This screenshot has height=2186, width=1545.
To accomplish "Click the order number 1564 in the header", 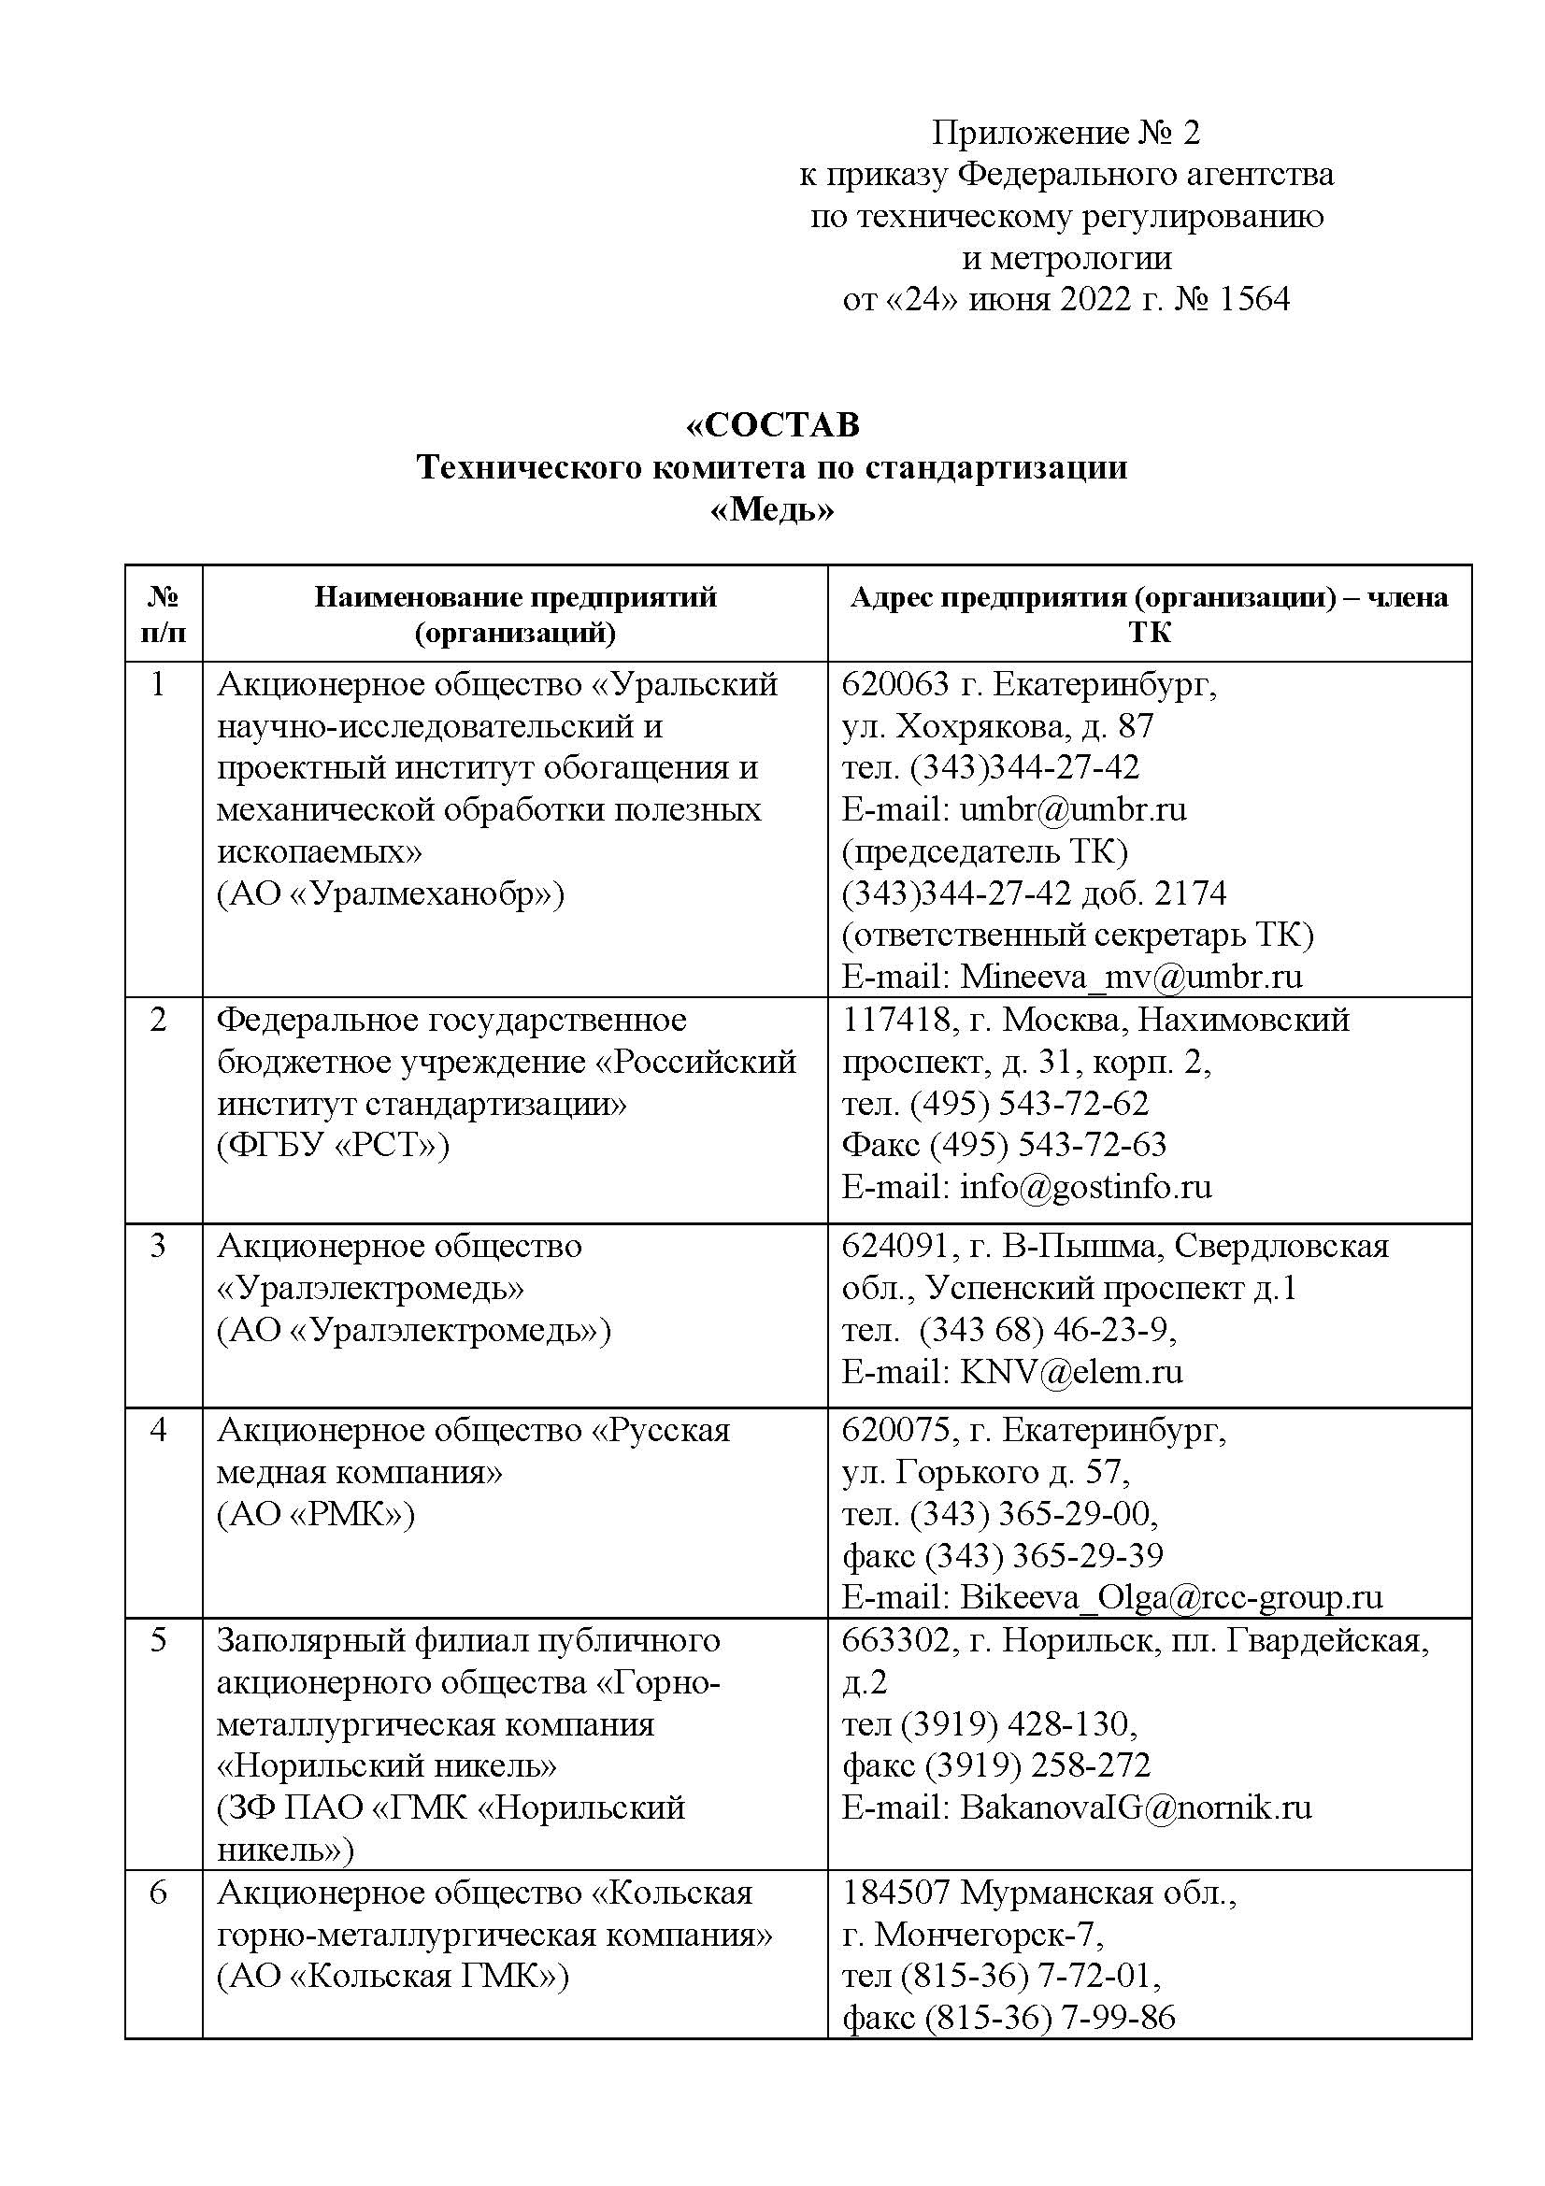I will (x=1252, y=300).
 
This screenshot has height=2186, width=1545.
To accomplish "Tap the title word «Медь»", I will (x=772, y=511).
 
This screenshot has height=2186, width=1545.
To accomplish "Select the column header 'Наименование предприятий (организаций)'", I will (x=515, y=614).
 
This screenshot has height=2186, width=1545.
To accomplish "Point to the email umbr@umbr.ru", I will (x=1073, y=809).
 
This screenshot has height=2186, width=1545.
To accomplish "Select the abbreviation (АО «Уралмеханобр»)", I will (x=391, y=893).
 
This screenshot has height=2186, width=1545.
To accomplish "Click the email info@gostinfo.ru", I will (x=1085, y=1186).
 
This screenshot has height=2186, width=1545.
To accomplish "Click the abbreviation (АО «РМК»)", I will (x=316, y=1514).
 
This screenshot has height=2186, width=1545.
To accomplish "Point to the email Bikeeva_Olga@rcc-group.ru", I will (x=1171, y=1596).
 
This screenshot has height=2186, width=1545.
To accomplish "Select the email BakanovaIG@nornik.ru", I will (x=1136, y=1807).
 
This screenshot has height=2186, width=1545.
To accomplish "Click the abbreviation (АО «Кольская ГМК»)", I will (x=393, y=1977).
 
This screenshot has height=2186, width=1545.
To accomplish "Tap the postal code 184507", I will (x=895, y=1893).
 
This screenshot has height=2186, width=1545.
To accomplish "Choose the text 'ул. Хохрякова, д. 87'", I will (x=997, y=726).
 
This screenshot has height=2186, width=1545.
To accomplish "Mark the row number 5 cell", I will (x=160, y=1640).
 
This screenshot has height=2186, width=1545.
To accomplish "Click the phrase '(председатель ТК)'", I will (x=984, y=851).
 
